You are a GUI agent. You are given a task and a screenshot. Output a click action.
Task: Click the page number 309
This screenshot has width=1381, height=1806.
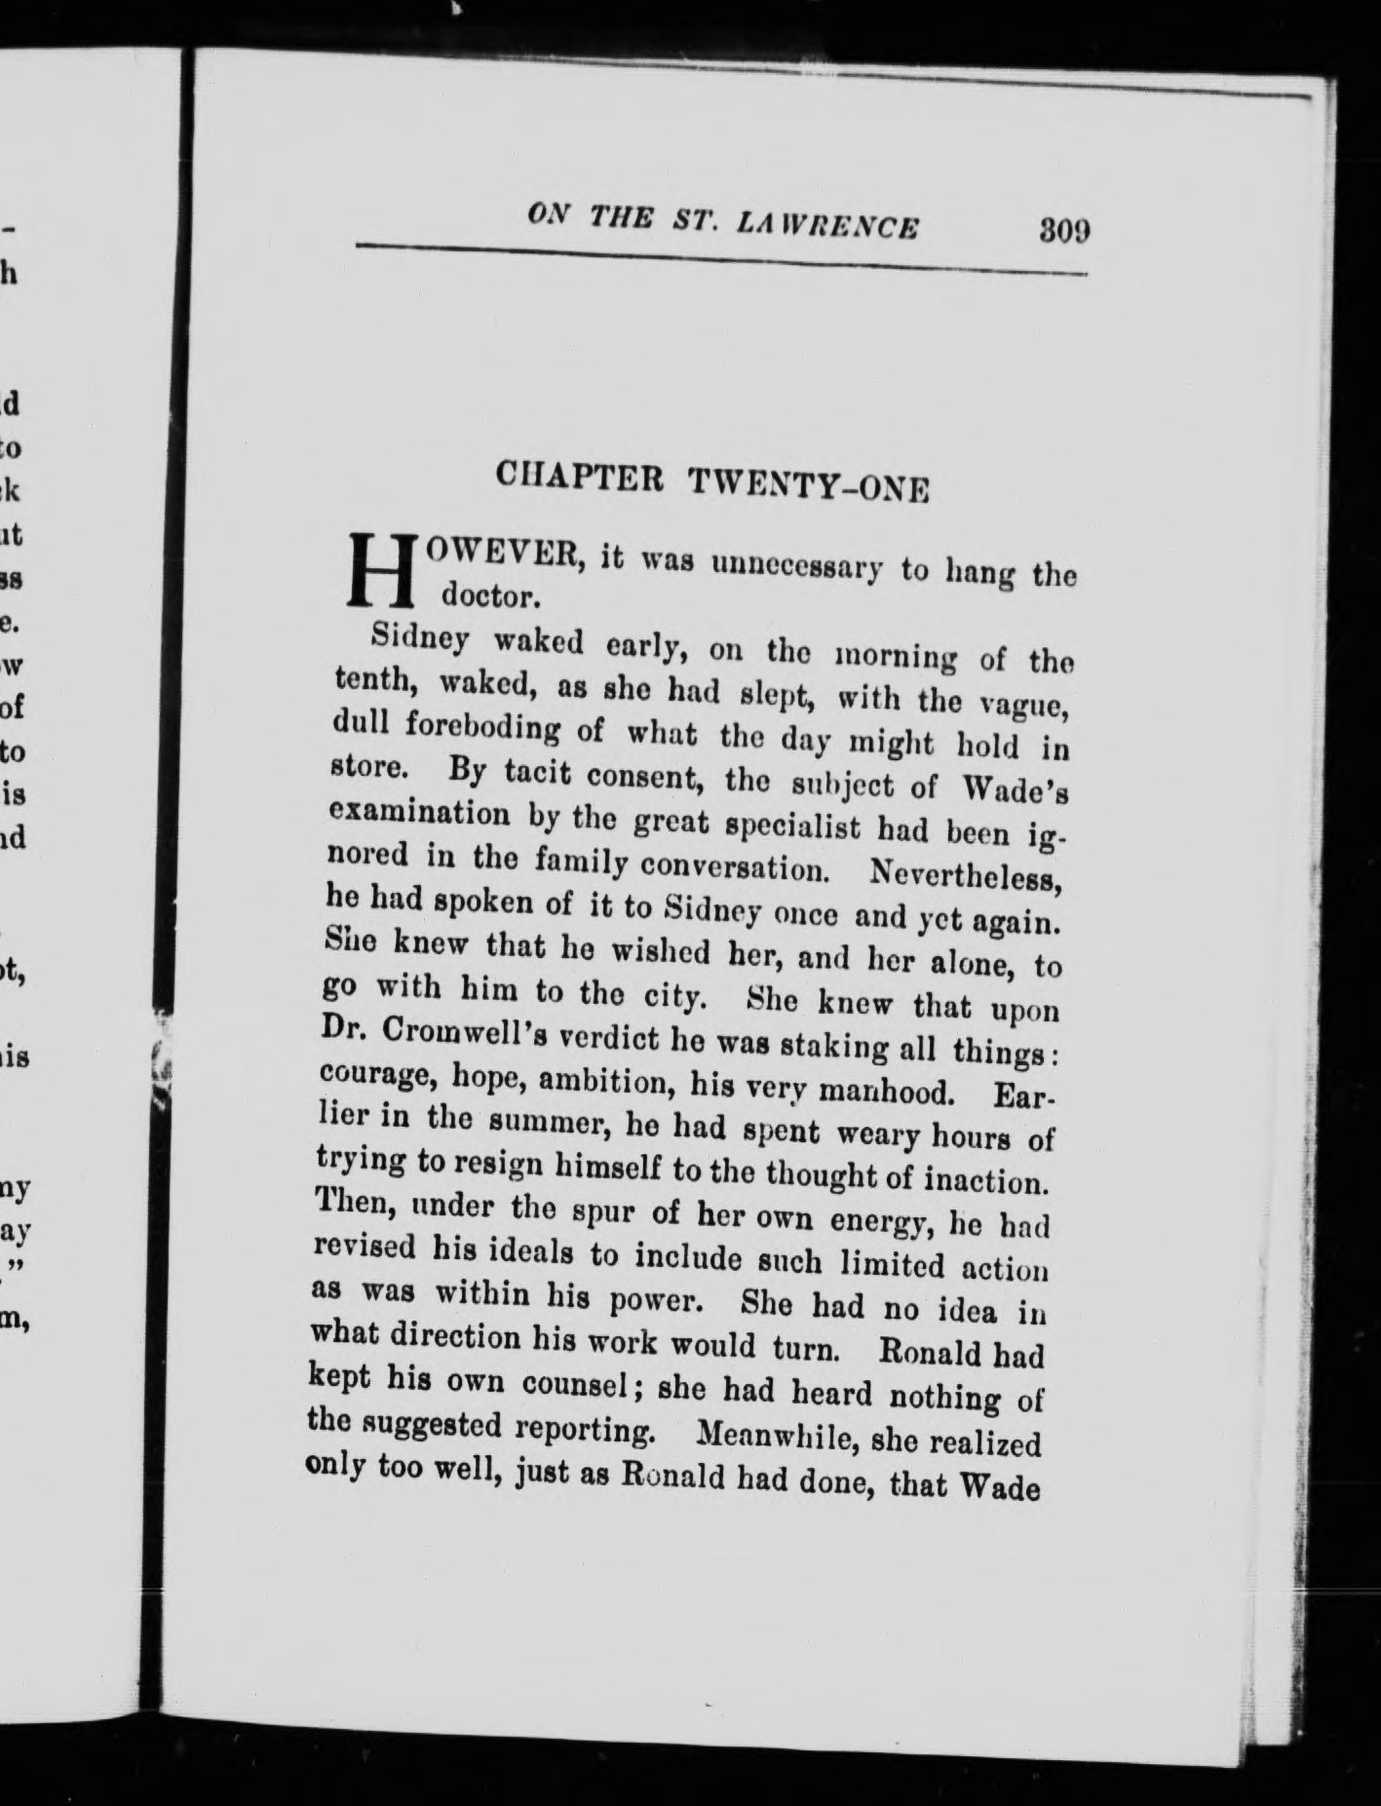[1063, 232]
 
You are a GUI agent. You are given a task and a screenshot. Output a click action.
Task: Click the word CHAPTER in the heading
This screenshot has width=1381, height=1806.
[580, 478]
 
